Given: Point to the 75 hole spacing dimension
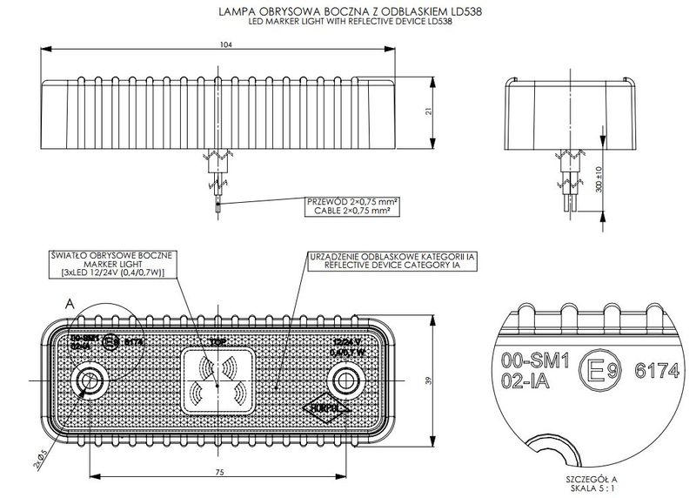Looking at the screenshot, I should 219,472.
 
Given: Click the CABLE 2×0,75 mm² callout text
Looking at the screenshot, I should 348,211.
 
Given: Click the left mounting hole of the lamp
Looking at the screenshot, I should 89,380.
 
